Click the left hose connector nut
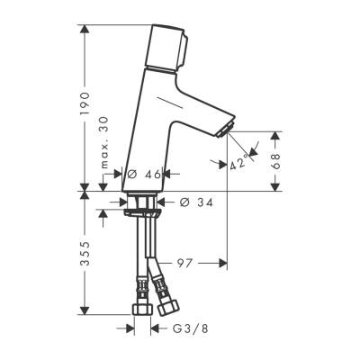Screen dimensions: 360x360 (142, 308)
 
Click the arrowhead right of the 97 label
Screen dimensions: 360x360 (221, 264)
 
